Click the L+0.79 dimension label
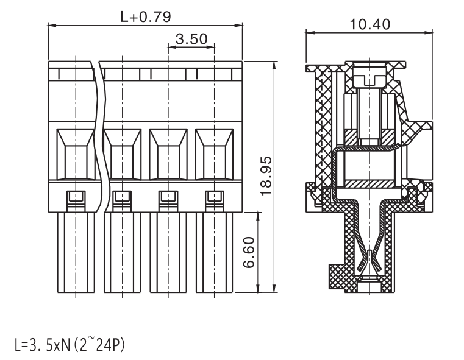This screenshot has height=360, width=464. [146, 17]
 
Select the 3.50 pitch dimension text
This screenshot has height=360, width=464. [191, 39]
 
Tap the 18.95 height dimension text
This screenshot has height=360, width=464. [266, 176]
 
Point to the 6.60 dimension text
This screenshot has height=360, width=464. [249, 252]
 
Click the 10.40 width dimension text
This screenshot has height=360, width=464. [370, 24]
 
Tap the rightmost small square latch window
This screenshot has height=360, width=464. [215, 197]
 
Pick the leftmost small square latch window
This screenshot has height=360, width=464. [76, 197]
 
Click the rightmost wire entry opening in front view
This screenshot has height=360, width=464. [214, 154]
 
